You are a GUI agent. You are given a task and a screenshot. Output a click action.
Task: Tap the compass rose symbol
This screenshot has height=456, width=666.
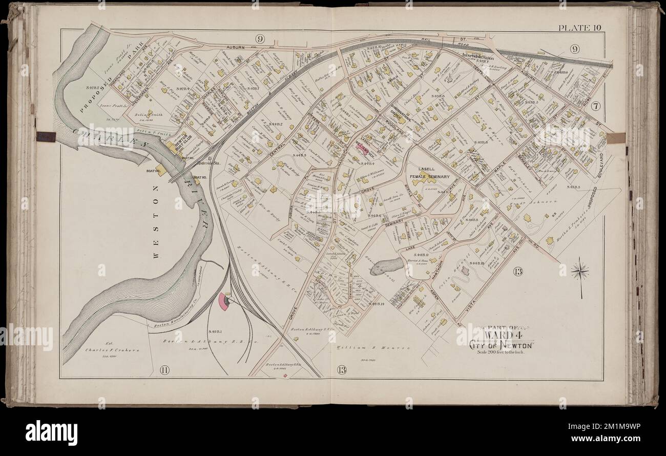pyautogui.click(x=580, y=272)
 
